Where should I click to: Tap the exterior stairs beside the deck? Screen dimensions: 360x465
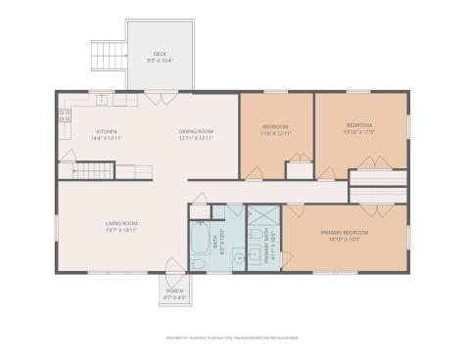coord(107,54)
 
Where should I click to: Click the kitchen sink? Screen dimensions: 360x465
coord(102,99)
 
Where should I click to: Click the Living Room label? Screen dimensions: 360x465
coord(120,224)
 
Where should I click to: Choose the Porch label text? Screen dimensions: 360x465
coord(173,291)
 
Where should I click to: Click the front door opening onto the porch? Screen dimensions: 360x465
coord(171,267)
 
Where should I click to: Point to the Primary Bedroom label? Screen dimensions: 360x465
coord(342,233)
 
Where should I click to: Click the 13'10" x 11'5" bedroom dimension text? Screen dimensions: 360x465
coord(359,132)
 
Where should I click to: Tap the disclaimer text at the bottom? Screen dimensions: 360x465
coord(232,338)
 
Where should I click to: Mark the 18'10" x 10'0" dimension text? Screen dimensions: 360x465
coord(342,240)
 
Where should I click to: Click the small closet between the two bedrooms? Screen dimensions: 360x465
coord(299,169)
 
